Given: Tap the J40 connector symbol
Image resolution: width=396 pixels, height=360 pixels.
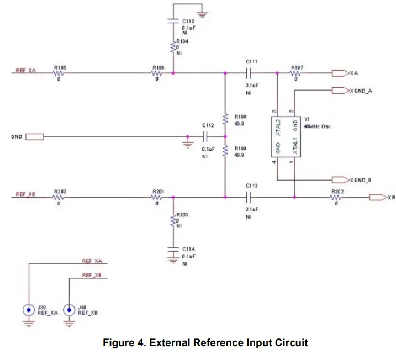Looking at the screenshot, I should [x=68, y=310].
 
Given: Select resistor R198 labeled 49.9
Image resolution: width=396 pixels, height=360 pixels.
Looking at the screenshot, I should [x=225, y=119].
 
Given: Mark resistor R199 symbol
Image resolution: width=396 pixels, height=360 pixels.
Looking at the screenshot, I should [x=225, y=150].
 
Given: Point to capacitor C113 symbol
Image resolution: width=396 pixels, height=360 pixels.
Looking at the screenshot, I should [x=251, y=197].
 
